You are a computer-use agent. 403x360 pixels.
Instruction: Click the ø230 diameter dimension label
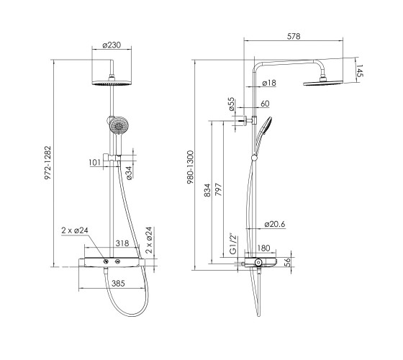tap(112, 45)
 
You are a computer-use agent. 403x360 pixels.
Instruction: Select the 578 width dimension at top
tap(294, 36)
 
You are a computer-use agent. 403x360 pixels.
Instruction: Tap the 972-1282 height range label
tap(48, 163)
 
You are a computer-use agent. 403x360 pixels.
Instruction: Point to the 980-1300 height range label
tap(190, 167)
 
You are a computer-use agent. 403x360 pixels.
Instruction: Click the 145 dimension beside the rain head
tap(360, 71)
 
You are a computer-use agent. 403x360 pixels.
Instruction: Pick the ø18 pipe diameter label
tap(269, 83)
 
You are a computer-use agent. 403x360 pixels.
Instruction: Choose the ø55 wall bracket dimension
tap(231, 104)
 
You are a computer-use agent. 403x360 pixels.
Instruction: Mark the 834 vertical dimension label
tap(207, 190)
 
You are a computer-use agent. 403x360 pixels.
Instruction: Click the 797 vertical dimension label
tap(218, 189)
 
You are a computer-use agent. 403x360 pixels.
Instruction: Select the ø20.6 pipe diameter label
tap(275, 224)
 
